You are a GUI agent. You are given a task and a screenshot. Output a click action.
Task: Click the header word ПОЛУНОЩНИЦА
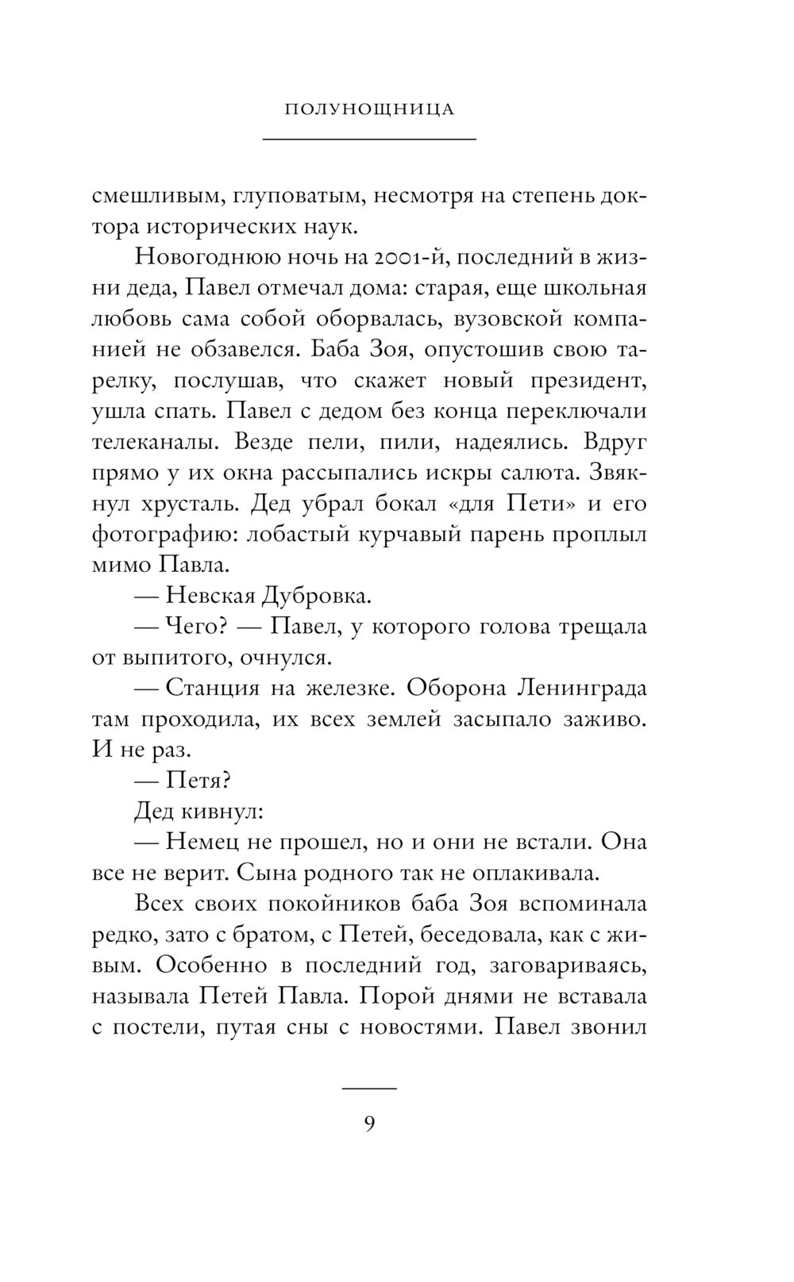[x=369, y=109]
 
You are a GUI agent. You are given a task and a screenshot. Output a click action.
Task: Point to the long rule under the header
[x=369, y=140]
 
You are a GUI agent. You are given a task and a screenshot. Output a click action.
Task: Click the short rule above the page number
[x=369, y=1088]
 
